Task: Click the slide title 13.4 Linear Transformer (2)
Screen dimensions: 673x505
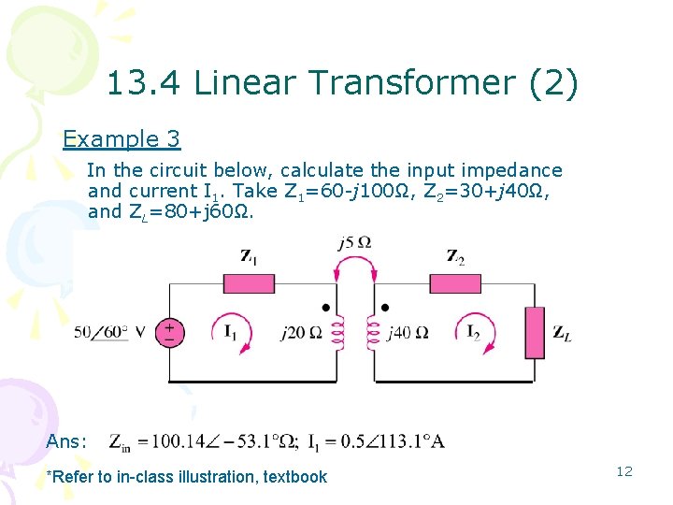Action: click(x=342, y=84)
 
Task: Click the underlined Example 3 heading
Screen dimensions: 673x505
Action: click(x=122, y=139)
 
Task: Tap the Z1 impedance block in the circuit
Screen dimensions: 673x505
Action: click(x=249, y=283)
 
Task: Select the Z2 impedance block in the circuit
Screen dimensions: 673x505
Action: click(x=456, y=283)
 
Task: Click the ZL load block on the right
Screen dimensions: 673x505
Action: click(x=535, y=333)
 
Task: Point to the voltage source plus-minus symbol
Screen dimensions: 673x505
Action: click(x=170, y=333)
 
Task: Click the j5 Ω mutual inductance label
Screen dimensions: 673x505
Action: click(x=355, y=244)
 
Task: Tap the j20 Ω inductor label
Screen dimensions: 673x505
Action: click(x=301, y=332)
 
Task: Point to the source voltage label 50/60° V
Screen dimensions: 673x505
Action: click(x=110, y=333)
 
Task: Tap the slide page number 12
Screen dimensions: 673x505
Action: click(x=624, y=471)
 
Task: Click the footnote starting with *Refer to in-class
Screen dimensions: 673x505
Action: click(x=187, y=477)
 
